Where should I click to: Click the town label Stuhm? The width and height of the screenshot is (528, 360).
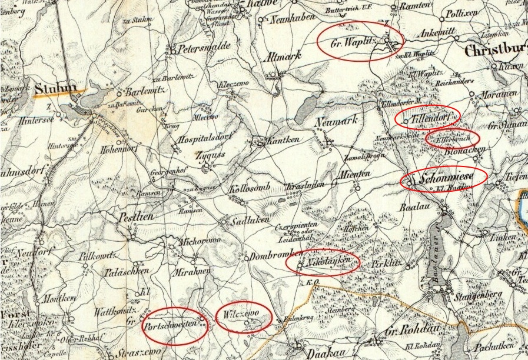coord(56,89)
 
